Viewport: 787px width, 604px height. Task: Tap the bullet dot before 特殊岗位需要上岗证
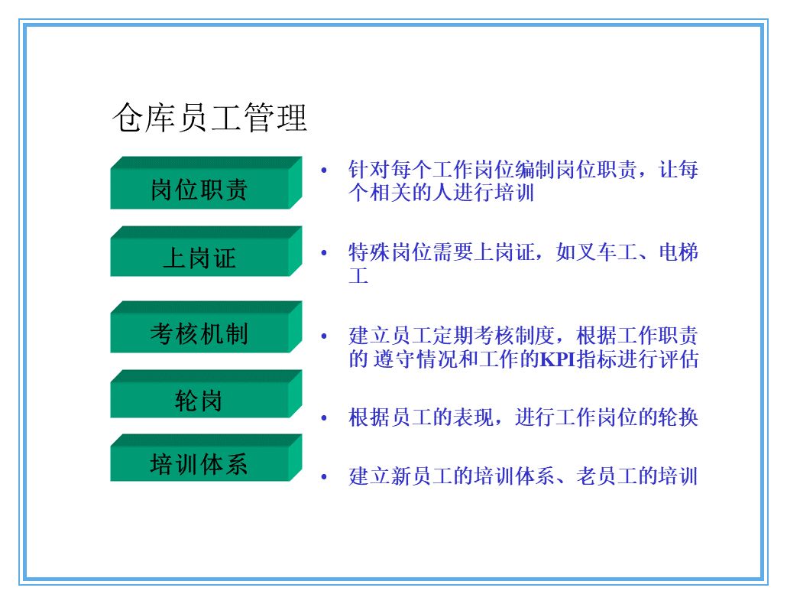point(324,253)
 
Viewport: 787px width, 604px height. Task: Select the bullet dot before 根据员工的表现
point(324,418)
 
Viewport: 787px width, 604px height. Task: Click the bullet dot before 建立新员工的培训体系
point(324,477)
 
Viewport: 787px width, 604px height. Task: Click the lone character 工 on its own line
point(358,275)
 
